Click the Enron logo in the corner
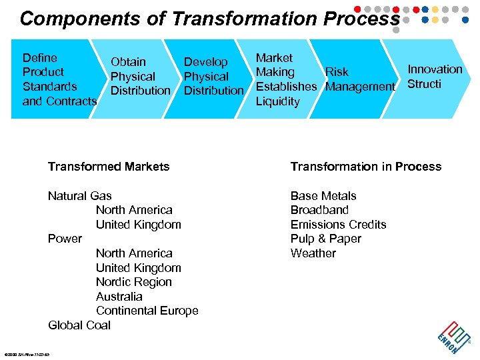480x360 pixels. tap(453, 337)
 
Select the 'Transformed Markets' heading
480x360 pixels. tap(109, 167)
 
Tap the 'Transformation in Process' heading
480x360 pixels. tap(365, 167)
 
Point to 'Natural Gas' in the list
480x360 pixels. tap(80, 196)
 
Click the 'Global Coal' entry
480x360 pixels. tap(79, 325)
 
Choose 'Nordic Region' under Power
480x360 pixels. tap(134, 282)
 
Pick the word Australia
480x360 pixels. tap(119, 297)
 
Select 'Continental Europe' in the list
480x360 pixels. tap(147, 311)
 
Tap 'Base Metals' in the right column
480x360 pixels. tap(323, 196)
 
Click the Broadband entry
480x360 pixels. tap(319, 210)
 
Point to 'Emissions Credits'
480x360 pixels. tap(338, 225)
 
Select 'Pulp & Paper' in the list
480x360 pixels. tap(326, 239)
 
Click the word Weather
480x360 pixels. tap(313, 253)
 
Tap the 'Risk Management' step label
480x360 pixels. tap(360, 79)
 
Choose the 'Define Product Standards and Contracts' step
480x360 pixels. tap(59, 79)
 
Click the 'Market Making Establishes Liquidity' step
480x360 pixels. tap(286, 79)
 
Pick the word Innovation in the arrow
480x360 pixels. tap(435, 69)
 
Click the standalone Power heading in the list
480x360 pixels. tap(65, 239)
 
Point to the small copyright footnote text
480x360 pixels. tap(27, 353)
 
